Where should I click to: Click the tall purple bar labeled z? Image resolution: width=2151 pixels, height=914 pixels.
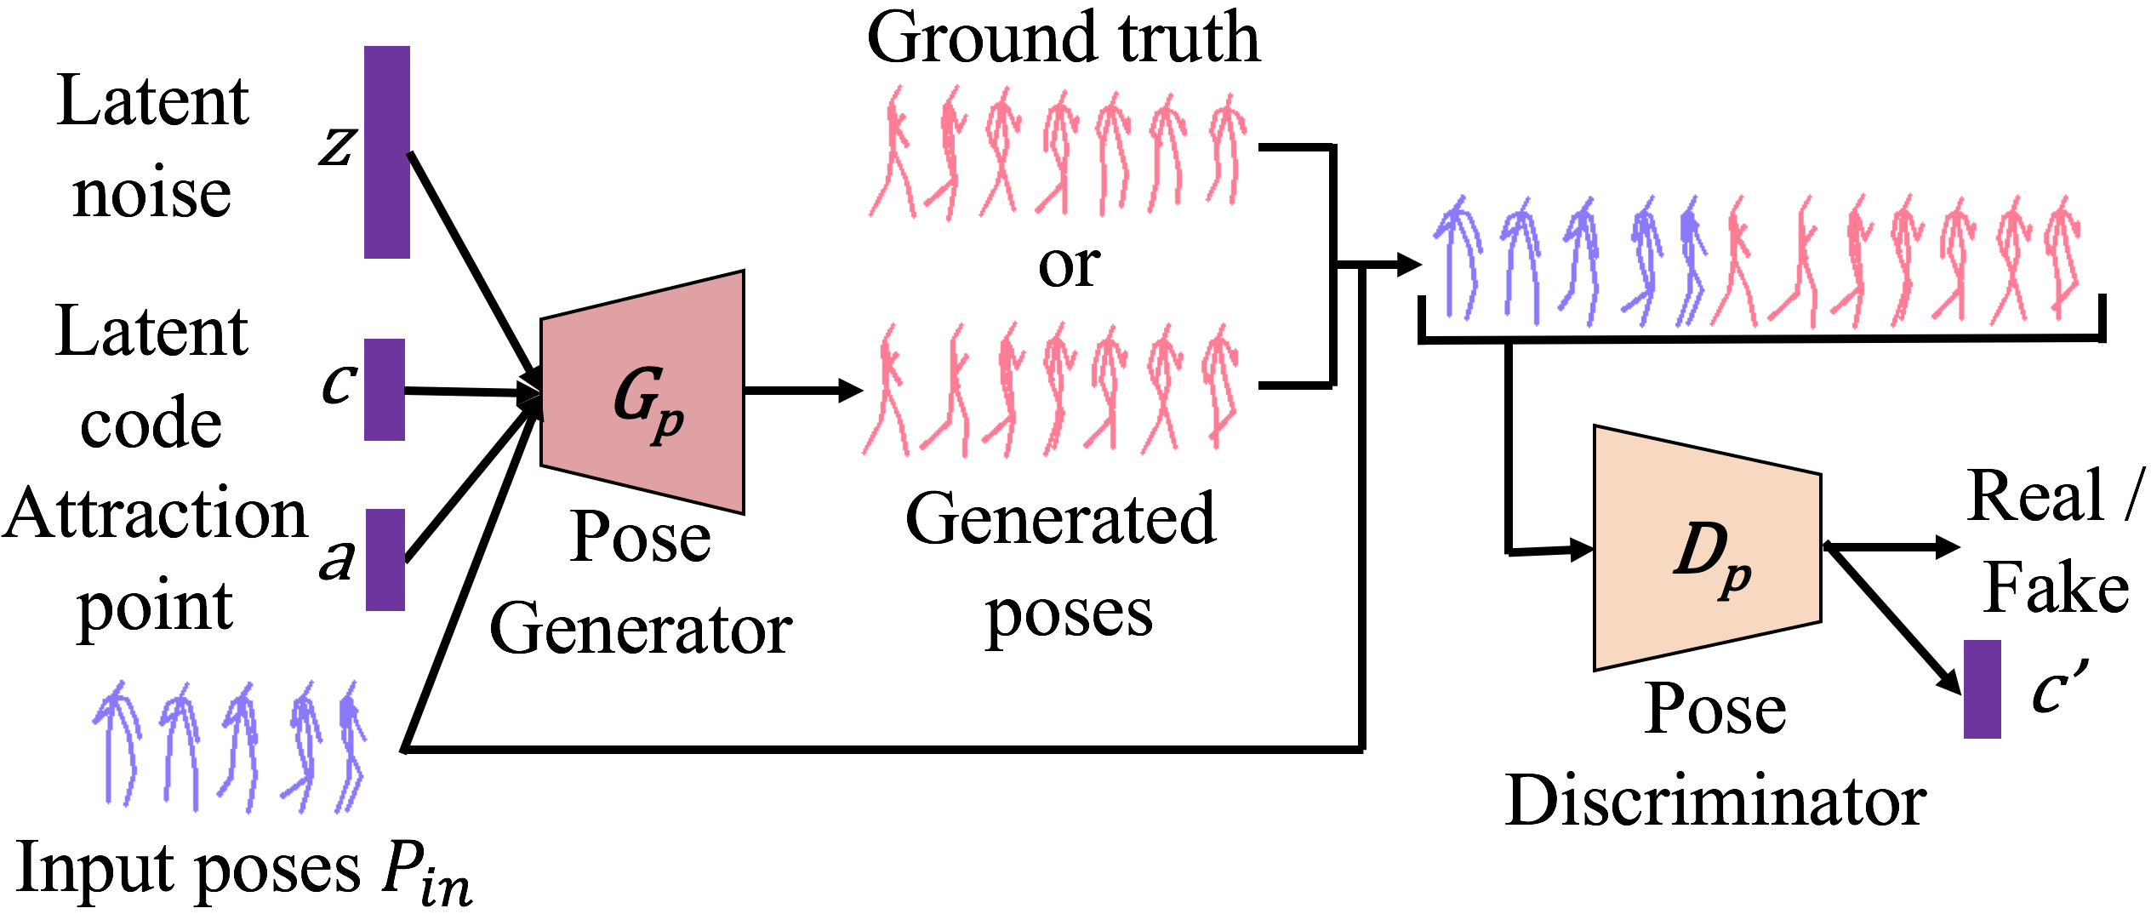click(386, 151)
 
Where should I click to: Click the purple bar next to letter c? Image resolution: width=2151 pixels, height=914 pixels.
click(384, 389)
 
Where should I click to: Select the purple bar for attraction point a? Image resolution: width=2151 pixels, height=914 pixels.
click(385, 559)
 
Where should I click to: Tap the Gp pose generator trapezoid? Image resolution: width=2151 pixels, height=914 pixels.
click(643, 392)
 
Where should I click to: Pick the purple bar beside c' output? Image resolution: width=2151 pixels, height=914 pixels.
click(1982, 688)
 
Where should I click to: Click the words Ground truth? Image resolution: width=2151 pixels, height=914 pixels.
click(1063, 38)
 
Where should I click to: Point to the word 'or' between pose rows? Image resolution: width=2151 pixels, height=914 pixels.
click(1069, 266)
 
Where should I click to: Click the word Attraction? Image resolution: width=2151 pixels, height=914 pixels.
click(154, 514)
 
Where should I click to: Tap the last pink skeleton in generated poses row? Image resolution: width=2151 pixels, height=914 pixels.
click(1219, 387)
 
